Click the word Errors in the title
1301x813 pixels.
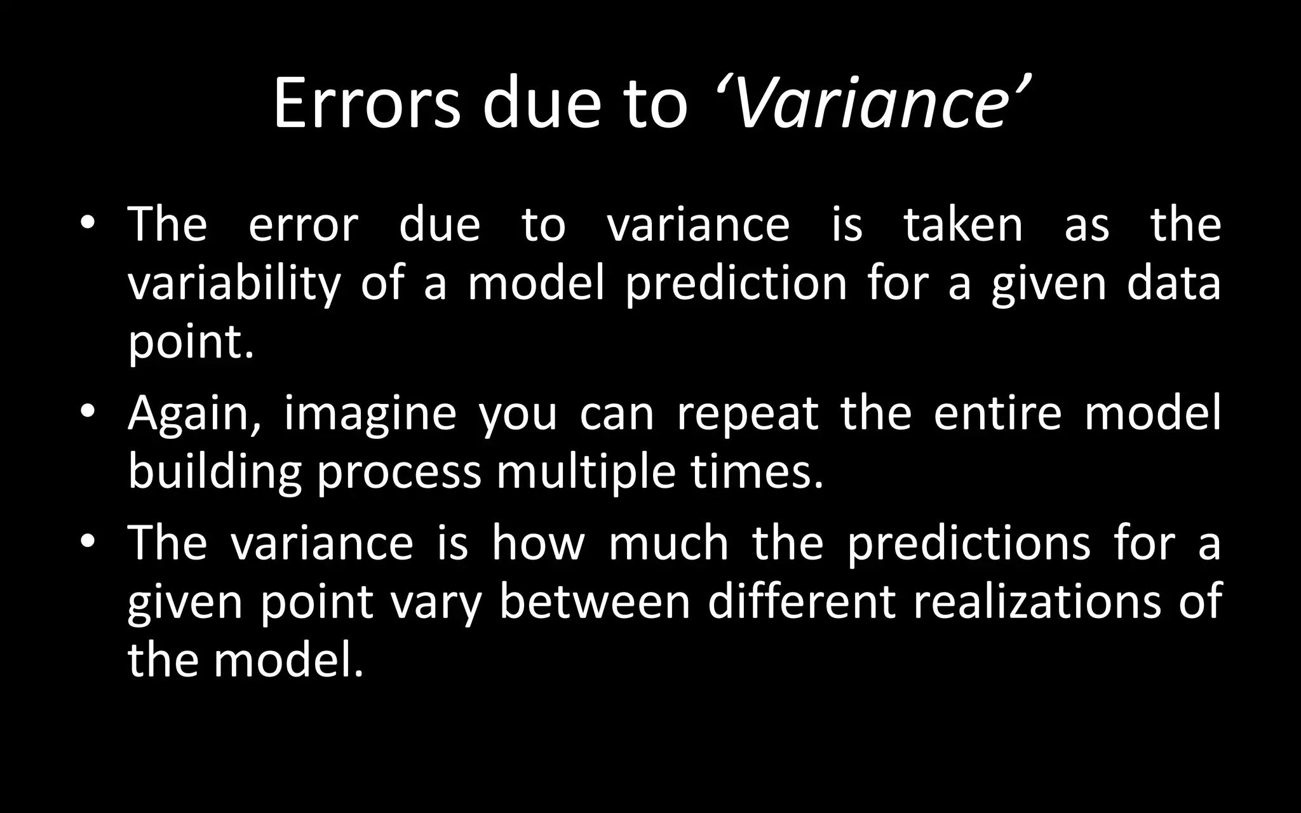[x=367, y=104]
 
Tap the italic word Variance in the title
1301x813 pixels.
[x=870, y=104]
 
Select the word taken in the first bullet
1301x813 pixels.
[x=963, y=225]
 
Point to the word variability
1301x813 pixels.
[x=234, y=284]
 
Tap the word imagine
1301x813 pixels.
[x=370, y=414]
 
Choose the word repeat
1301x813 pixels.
[x=747, y=414]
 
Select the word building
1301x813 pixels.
[x=215, y=473]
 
